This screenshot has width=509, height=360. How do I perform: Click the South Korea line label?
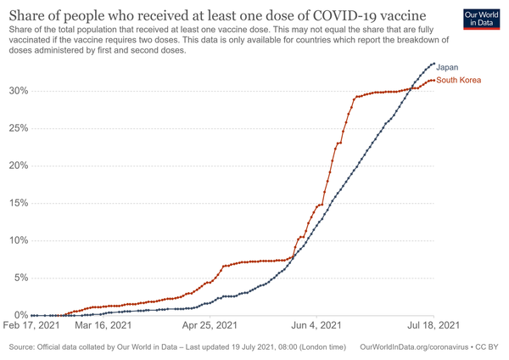pos(458,81)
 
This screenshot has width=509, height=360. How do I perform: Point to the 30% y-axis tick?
pos(17,91)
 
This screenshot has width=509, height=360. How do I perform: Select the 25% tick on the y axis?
pos(17,128)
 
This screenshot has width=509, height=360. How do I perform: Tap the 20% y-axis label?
pos(17,166)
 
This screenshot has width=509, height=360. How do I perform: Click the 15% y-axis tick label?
pos(17,203)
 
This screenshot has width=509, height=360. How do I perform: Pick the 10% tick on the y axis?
pos(17,240)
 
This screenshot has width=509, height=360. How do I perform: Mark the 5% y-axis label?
pos(20,278)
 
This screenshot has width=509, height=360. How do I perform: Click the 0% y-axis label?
pos(20,315)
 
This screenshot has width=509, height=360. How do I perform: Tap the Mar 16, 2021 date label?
pos(103,324)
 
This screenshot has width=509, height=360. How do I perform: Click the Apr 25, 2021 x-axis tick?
pos(209,324)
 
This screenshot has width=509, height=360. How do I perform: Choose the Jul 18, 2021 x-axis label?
pos(432,324)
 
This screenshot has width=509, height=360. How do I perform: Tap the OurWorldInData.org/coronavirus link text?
pos(415,347)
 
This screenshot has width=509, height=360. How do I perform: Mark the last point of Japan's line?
pos(433,64)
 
